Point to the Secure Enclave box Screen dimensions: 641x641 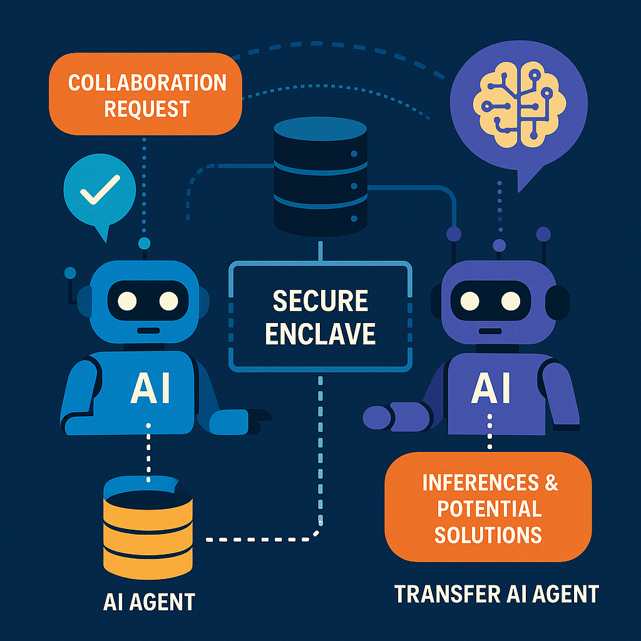[320, 317]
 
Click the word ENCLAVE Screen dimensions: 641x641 [320, 333]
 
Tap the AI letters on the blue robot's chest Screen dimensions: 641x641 [150, 388]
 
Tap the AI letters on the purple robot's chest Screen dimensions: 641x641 [491, 388]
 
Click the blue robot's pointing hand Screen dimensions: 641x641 [241, 420]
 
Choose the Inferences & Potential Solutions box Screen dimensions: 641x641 [488, 508]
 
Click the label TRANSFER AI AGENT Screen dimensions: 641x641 [497, 593]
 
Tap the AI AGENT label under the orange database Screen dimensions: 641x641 [149, 602]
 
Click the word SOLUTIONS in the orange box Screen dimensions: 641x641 [488, 534]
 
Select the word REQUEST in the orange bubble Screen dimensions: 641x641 [146, 108]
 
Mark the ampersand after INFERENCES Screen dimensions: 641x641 [551, 482]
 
